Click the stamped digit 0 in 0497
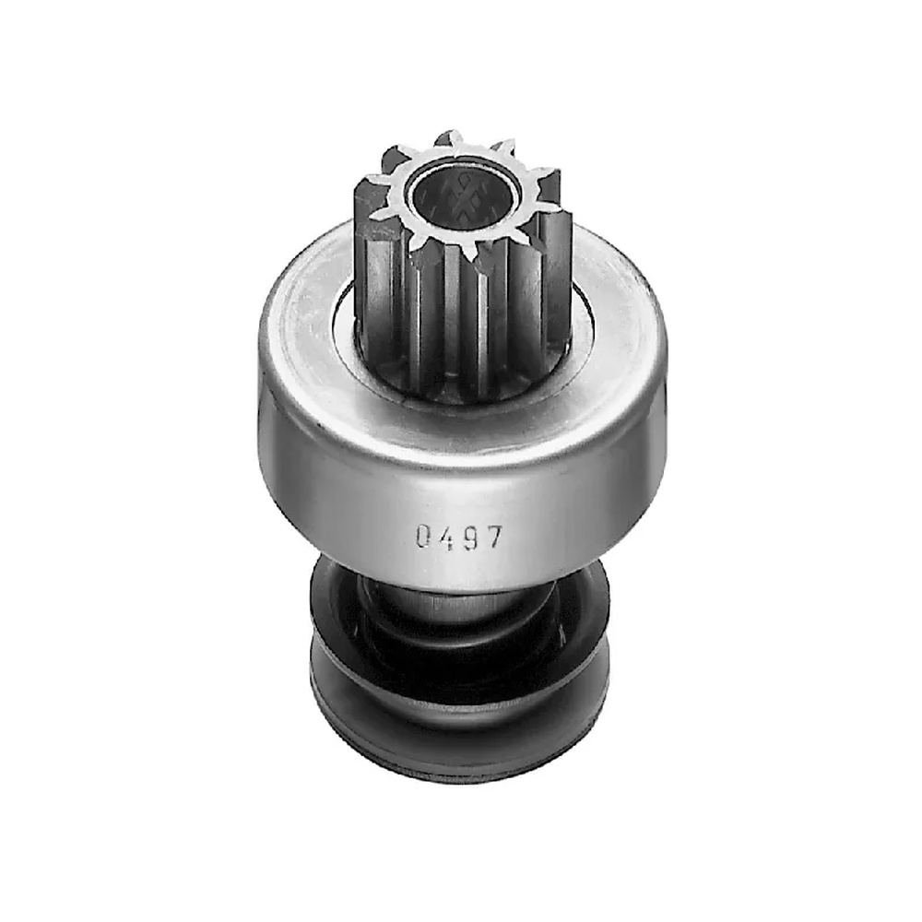point(423,536)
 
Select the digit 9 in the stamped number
point(470,538)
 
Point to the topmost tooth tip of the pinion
point(449,133)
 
